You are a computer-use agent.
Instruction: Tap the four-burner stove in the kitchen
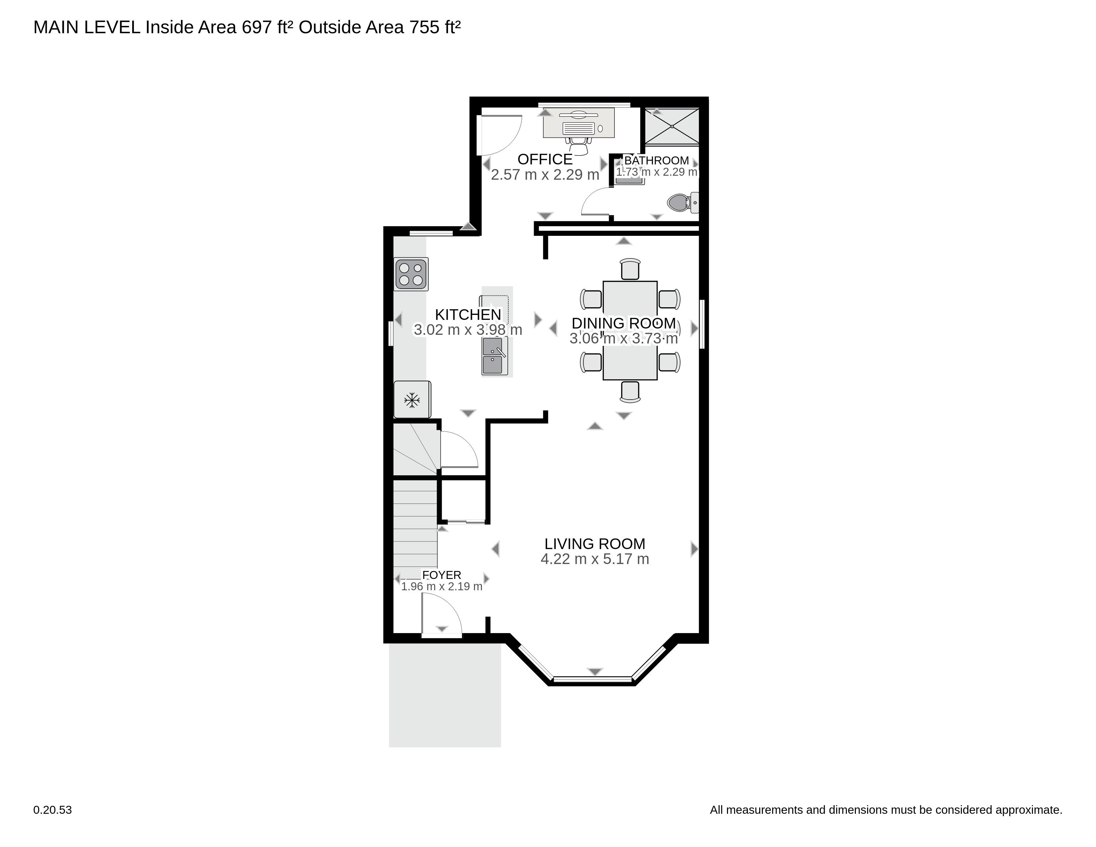(x=411, y=274)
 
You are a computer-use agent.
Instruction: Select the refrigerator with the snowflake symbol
(x=412, y=400)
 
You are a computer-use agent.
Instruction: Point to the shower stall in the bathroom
(x=672, y=126)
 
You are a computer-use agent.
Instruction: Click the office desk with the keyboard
(x=579, y=123)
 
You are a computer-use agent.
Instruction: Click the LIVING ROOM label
(x=595, y=544)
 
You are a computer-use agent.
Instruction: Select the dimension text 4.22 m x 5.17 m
(x=595, y=559)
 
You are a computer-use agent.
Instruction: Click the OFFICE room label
(x=545, y=159)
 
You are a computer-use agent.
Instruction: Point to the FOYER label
(x=442, y=575)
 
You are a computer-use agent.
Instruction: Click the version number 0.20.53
(x=53, y=810)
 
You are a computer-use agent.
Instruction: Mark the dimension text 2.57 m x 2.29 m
(x=545, y=175)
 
